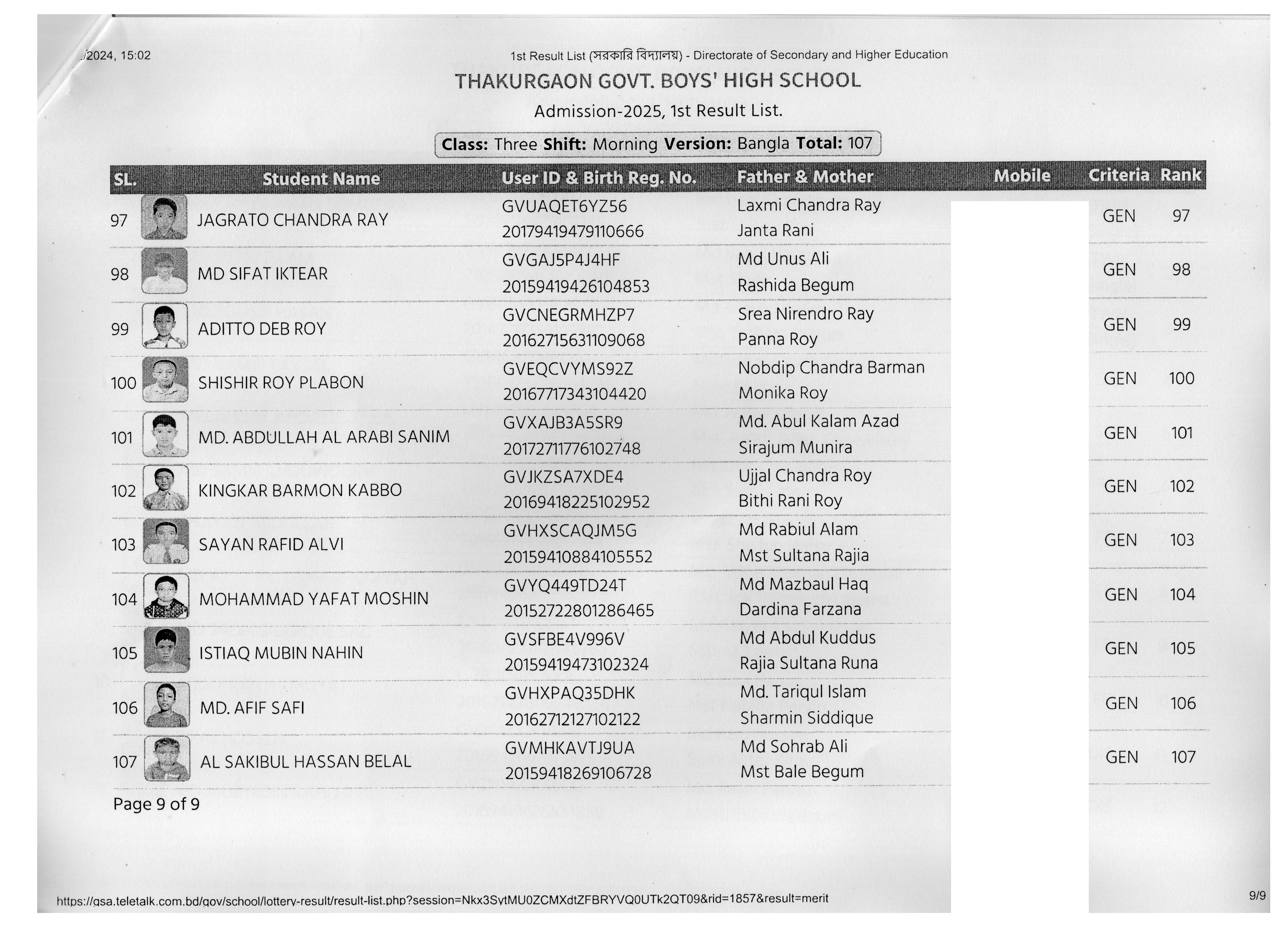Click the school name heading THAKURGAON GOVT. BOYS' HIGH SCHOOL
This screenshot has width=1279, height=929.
(x=658, y=81)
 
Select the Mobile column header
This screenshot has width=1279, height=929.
(x=1021, y=176)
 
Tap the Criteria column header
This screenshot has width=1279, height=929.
(x=1118, y=175)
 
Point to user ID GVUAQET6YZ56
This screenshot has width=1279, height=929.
(x=564, y=206)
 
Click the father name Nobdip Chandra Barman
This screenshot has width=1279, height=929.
(x=831, y=368)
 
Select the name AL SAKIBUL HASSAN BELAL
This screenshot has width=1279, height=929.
(x=306, y=761)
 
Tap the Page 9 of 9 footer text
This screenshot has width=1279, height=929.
(x=156, y=804)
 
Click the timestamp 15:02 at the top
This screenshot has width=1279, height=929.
(x=135, y=55)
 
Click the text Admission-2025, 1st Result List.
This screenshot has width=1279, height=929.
(x=658, y=110)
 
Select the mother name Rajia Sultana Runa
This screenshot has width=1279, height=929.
(x=808, y=663)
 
